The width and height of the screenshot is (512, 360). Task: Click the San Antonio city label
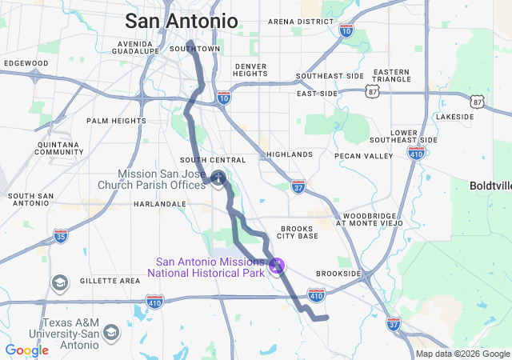point(181,21)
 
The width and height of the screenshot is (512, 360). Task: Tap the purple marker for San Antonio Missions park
point(278,265)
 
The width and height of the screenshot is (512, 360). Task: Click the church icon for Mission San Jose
point(218,176)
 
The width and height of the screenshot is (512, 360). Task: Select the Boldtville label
point(490,185)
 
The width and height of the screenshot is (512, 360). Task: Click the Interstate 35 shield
point(61,235)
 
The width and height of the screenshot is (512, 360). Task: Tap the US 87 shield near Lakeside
point(478,101)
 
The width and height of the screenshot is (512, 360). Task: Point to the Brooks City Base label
point(298,231)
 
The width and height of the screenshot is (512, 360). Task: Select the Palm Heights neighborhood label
point(117,121)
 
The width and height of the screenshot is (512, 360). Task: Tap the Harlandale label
point(159,204)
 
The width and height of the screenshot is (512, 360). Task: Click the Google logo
point(26,350)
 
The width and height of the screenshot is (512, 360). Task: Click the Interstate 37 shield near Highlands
point(298,185)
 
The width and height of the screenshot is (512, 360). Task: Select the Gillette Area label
point(110,281)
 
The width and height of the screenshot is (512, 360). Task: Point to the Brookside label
point(338,273)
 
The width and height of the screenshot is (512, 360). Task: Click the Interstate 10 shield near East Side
point(224,98)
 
